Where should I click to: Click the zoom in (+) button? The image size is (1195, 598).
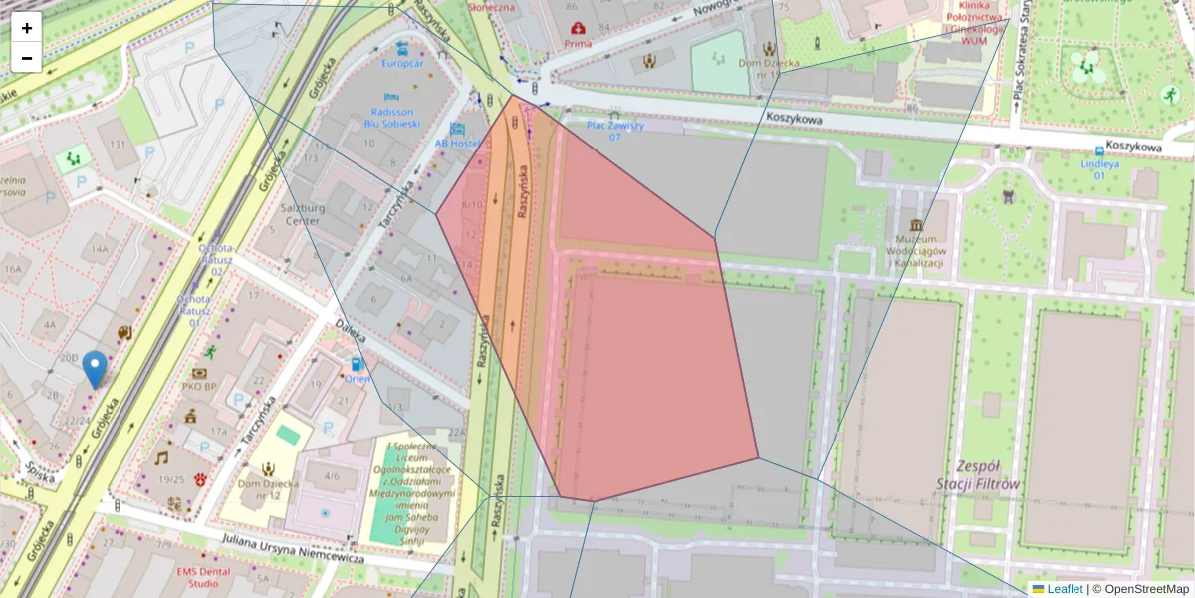(x=27, y=28)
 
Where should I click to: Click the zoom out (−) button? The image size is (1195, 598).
(x=27, y=58)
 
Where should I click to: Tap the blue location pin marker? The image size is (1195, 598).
(x=95, y=369)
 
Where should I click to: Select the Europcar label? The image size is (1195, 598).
(x=402, y=63)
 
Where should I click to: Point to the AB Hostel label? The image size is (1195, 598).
(x=457, y=143)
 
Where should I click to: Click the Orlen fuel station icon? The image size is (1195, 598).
(x=357, y=364)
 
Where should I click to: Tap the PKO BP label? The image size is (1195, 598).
(x=199, y=386)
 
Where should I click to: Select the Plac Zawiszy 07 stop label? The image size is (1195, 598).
(x=614, y=131)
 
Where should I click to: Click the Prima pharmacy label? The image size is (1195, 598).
(x=578, y=43)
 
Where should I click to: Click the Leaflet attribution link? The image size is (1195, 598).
(x=1064, y=589)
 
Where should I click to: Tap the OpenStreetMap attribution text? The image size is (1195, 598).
(x=1144, y=589)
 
